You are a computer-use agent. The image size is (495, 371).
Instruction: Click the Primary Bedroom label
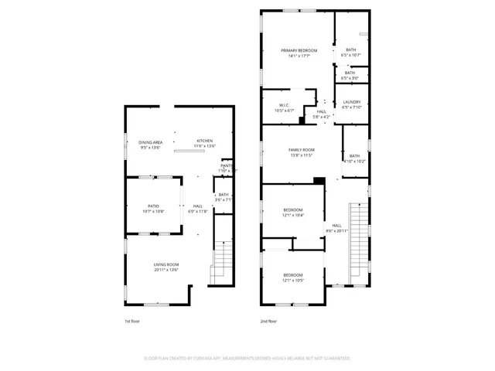[299, 50]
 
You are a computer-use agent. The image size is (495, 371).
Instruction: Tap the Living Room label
[166, 265]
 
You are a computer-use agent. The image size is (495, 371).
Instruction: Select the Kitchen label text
[204, 141]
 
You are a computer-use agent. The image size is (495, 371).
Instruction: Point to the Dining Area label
[150, 142]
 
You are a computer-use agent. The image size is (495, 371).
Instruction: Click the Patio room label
[153, 206]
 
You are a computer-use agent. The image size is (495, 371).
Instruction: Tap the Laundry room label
[350, 104]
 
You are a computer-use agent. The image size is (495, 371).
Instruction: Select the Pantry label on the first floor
[227, 165]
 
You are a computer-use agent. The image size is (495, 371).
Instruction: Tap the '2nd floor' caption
[268, 321]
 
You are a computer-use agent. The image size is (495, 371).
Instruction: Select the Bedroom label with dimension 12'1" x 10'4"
[292, 210]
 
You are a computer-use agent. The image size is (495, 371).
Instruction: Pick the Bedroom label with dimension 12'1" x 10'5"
[292, 275]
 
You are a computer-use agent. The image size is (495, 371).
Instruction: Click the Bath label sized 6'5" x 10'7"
[350, 50]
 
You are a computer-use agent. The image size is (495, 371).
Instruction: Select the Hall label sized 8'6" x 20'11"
[337, 226]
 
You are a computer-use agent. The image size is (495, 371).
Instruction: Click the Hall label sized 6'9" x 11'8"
[197, 206]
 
